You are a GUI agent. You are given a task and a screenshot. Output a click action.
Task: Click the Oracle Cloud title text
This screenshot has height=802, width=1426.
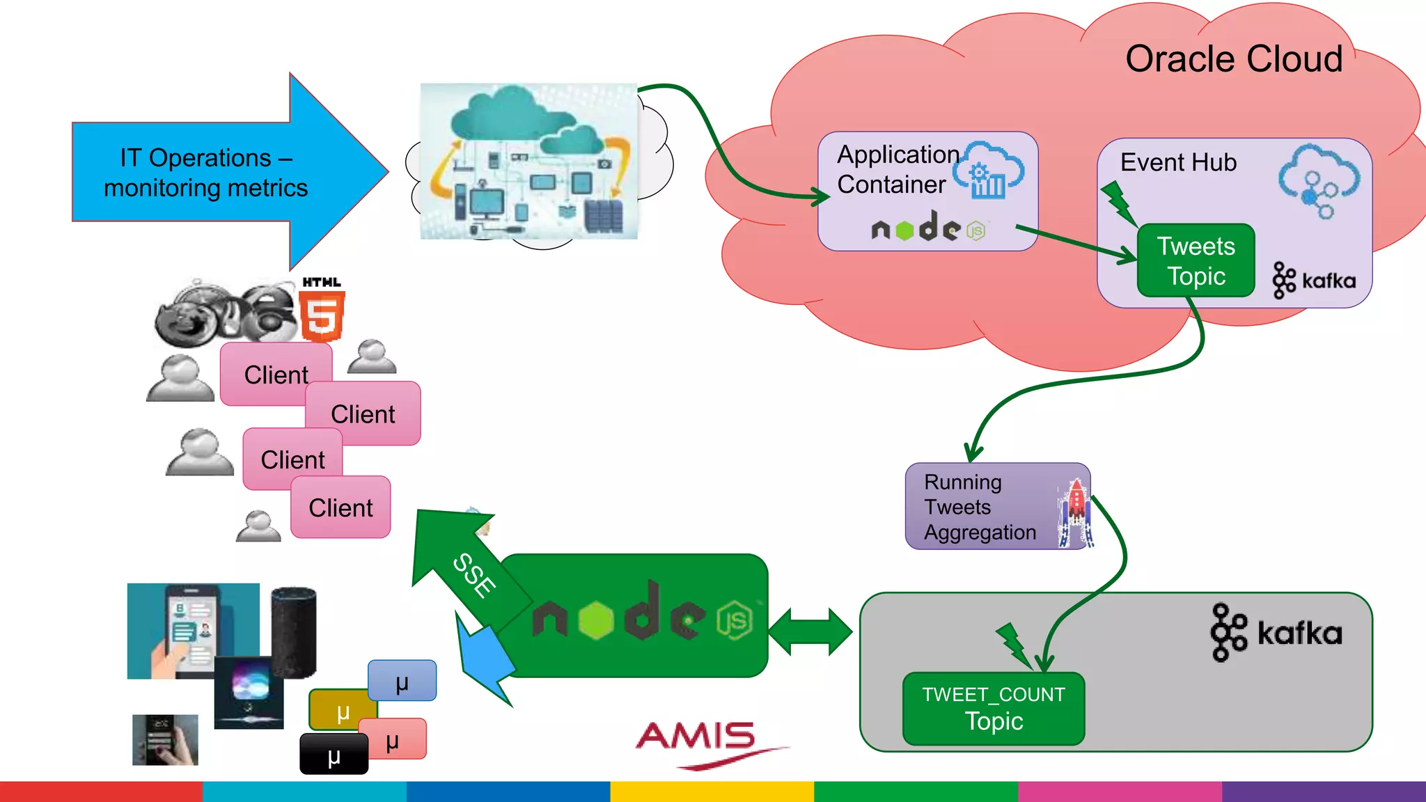(1233, 59)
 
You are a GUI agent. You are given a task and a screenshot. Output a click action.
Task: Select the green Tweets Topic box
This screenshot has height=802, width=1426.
(1196, 261)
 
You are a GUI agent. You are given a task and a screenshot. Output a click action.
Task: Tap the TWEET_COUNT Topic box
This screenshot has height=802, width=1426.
(994, 709)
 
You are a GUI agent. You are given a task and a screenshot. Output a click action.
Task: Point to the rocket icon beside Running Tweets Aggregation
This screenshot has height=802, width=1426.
(1076, 512)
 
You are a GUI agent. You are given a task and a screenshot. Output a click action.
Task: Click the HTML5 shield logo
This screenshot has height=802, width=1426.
(322, 315)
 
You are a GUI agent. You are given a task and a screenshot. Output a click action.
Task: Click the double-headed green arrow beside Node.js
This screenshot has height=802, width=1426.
(810, 631)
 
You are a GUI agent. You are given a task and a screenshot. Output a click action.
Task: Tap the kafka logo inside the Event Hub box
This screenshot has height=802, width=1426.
(1314, 281)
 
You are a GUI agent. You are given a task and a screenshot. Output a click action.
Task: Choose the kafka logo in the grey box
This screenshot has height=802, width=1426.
(1276, 633)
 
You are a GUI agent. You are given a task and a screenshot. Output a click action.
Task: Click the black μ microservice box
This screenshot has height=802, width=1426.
(334, 755)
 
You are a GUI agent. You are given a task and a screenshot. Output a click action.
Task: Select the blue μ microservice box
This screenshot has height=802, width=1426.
(402, 681)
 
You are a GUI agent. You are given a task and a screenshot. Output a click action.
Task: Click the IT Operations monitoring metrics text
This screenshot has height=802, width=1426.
(205, 173)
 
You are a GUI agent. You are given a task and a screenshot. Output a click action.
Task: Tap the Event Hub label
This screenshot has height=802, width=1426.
(1178, 162)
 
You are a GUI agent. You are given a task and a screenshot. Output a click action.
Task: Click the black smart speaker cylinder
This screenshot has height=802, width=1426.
(294, 631)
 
